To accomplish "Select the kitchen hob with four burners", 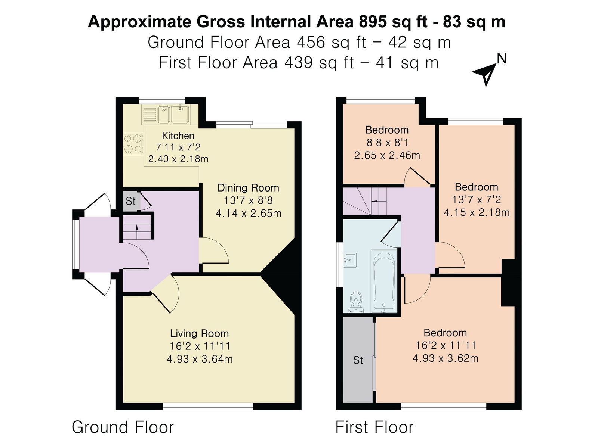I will pos(133,144).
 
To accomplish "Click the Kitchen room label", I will pos(178,136).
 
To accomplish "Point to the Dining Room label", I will pos(248,188).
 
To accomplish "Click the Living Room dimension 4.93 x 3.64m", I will pos(200,359).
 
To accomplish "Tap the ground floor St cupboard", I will pos(131,201).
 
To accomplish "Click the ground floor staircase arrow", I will pos(136,227).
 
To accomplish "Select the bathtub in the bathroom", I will pos(384,280).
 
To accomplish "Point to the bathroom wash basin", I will pos(350,259).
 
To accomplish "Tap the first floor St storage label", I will pos(358,360).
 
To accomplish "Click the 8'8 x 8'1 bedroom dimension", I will pos(387,143).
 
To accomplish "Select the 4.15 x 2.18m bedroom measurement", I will pos(477,212).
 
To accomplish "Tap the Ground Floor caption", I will pos(123,427).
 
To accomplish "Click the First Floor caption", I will pos(374,427).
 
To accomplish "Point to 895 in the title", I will pos(373,22).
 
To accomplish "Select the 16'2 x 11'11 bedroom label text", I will pos(445,345).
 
